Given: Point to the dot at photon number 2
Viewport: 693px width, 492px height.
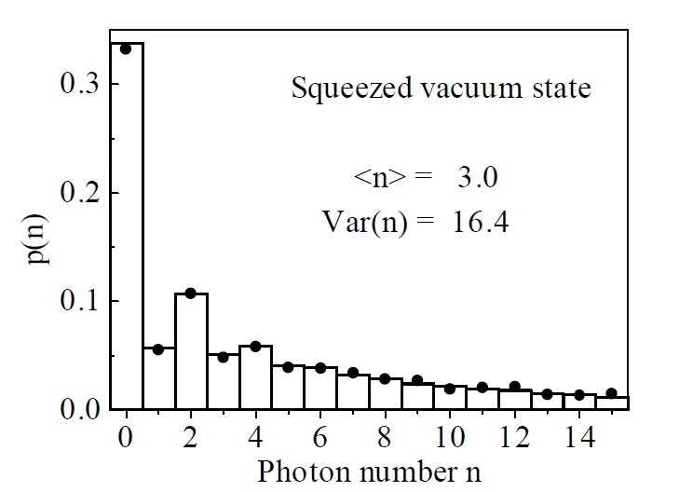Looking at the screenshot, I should click(x=191, y=294).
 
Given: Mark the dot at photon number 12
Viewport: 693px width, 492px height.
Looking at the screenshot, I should click(x=514, y=386).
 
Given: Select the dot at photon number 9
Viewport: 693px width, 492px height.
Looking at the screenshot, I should click(x=417, y=380).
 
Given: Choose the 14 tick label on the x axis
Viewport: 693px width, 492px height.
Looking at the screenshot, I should click(x=578, y=436).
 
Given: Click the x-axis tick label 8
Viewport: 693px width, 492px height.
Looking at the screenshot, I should click(x=385, y=436).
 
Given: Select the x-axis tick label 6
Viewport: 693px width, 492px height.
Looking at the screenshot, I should click(x=320, y=436).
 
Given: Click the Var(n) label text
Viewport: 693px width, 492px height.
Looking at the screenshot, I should click(x=360, y=224).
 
